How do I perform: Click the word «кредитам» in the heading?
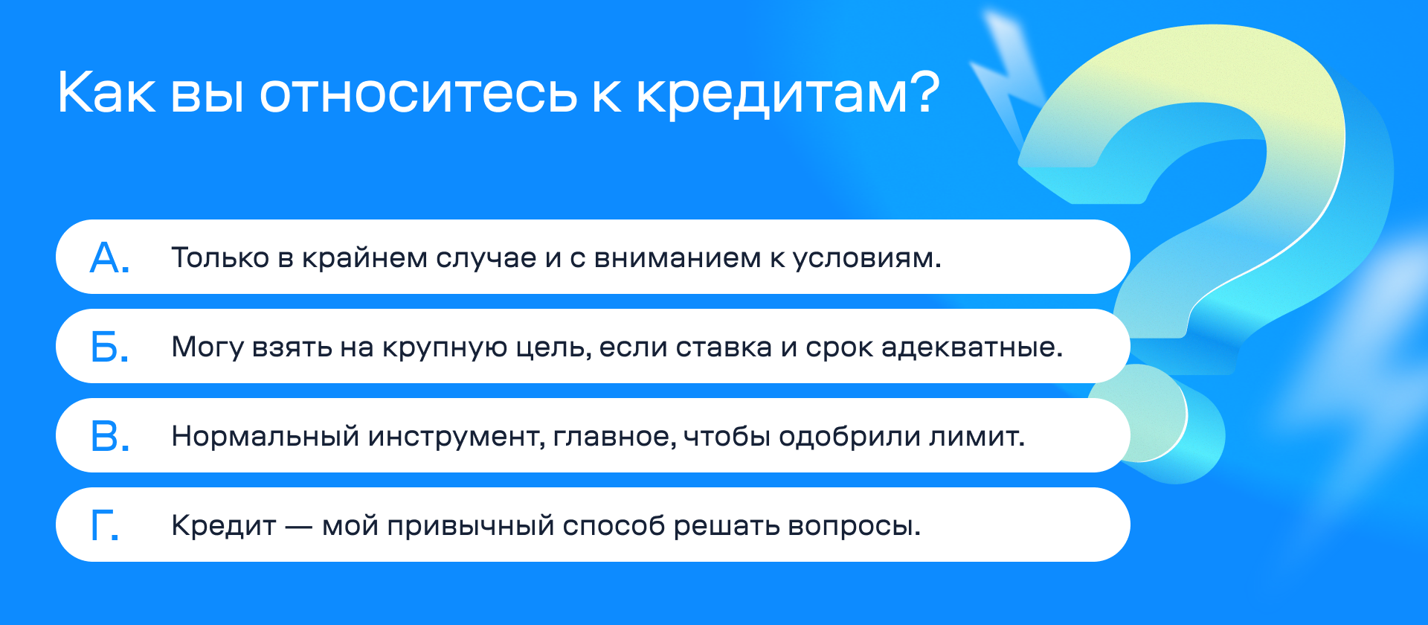tap(773, 94)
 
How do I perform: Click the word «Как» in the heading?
tap(107, 92)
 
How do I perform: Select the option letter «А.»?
tap(109, 257)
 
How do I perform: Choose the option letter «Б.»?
tap(109, 347)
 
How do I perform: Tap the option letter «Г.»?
tap(105, 525)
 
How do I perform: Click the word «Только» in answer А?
tap(220, 257)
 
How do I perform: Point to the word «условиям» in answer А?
tap(863, 259)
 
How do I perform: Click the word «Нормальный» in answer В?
tap(266, 437)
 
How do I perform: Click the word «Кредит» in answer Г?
tap(224, 526)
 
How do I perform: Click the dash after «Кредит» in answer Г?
tap(299, 528)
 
